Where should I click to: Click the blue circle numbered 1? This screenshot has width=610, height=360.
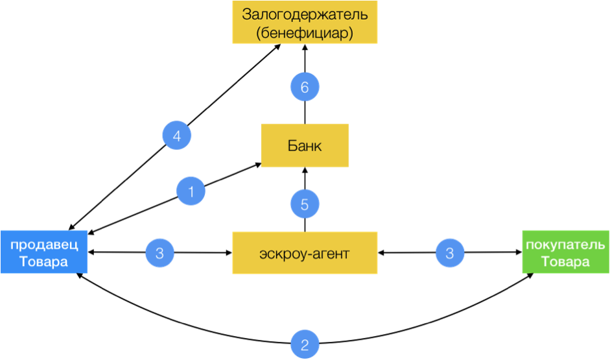(191, 191)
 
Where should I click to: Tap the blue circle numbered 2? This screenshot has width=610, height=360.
(305, 343)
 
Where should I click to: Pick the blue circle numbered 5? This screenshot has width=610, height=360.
(305, 204)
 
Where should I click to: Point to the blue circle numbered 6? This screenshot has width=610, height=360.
(305, 87)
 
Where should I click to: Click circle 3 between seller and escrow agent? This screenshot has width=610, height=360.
(160, 252)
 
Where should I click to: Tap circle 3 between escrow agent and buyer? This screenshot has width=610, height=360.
(450, 252)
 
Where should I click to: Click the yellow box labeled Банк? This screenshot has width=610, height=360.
(305, 145)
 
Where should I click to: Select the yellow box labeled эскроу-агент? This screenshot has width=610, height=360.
(305, 252)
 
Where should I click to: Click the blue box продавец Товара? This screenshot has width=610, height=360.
(43, 252)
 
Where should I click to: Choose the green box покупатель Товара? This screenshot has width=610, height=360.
(566, 252)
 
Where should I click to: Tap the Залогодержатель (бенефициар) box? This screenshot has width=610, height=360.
(305, 23)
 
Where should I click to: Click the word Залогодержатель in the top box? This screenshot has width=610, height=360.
(305, 14)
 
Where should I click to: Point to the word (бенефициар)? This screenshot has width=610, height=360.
(305, 32)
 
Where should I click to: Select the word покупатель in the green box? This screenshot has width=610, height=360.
(566, 245)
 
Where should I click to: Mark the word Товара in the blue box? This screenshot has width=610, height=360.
(43, 262)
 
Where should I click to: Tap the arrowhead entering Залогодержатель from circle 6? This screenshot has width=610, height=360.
(305, 49)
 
